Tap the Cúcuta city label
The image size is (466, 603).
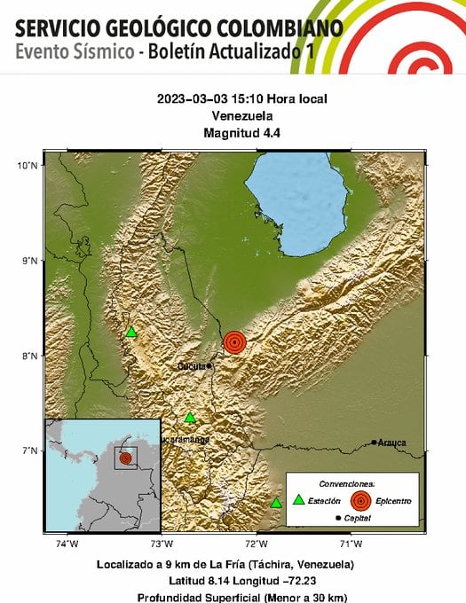(x=191, y=365)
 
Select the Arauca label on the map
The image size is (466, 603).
(x=391, y=442)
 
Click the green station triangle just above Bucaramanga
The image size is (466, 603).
(x=190, y=418)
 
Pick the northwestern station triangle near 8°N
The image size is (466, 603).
(x=130, y=333)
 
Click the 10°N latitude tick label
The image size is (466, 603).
(x=28, y=165)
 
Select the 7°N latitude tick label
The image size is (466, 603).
(x=30, y=450)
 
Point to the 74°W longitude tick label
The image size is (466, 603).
(x=67, y=543)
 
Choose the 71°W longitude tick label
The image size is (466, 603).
(x=351, y=543)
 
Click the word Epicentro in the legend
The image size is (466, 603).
(x=392, y=501)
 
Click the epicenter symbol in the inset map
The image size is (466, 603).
(x=125, y=458)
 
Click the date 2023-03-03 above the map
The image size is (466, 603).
(x=190, y=99)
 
